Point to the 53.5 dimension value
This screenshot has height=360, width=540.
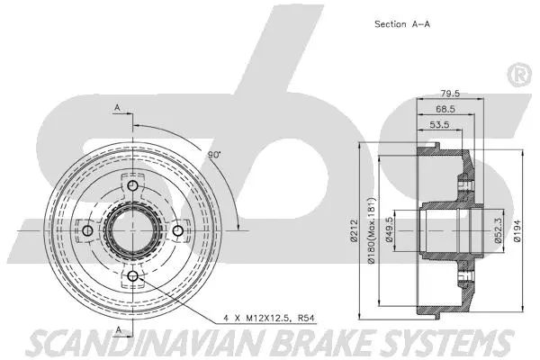tap(440, 124)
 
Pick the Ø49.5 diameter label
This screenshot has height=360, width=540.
tap(390, 231)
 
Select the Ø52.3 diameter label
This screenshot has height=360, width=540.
tap(497, 231)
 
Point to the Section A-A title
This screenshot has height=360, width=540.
tap(401, 24)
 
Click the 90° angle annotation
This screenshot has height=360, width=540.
tap(213, 156)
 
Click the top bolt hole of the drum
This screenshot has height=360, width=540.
tap(132, 187)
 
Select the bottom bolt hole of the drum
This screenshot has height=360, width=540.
tap(132, 276)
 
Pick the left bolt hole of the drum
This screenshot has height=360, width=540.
tap(87, 232)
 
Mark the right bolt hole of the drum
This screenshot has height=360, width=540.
tap(177, 232)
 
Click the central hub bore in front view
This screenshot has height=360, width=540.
tap(132, 232)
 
